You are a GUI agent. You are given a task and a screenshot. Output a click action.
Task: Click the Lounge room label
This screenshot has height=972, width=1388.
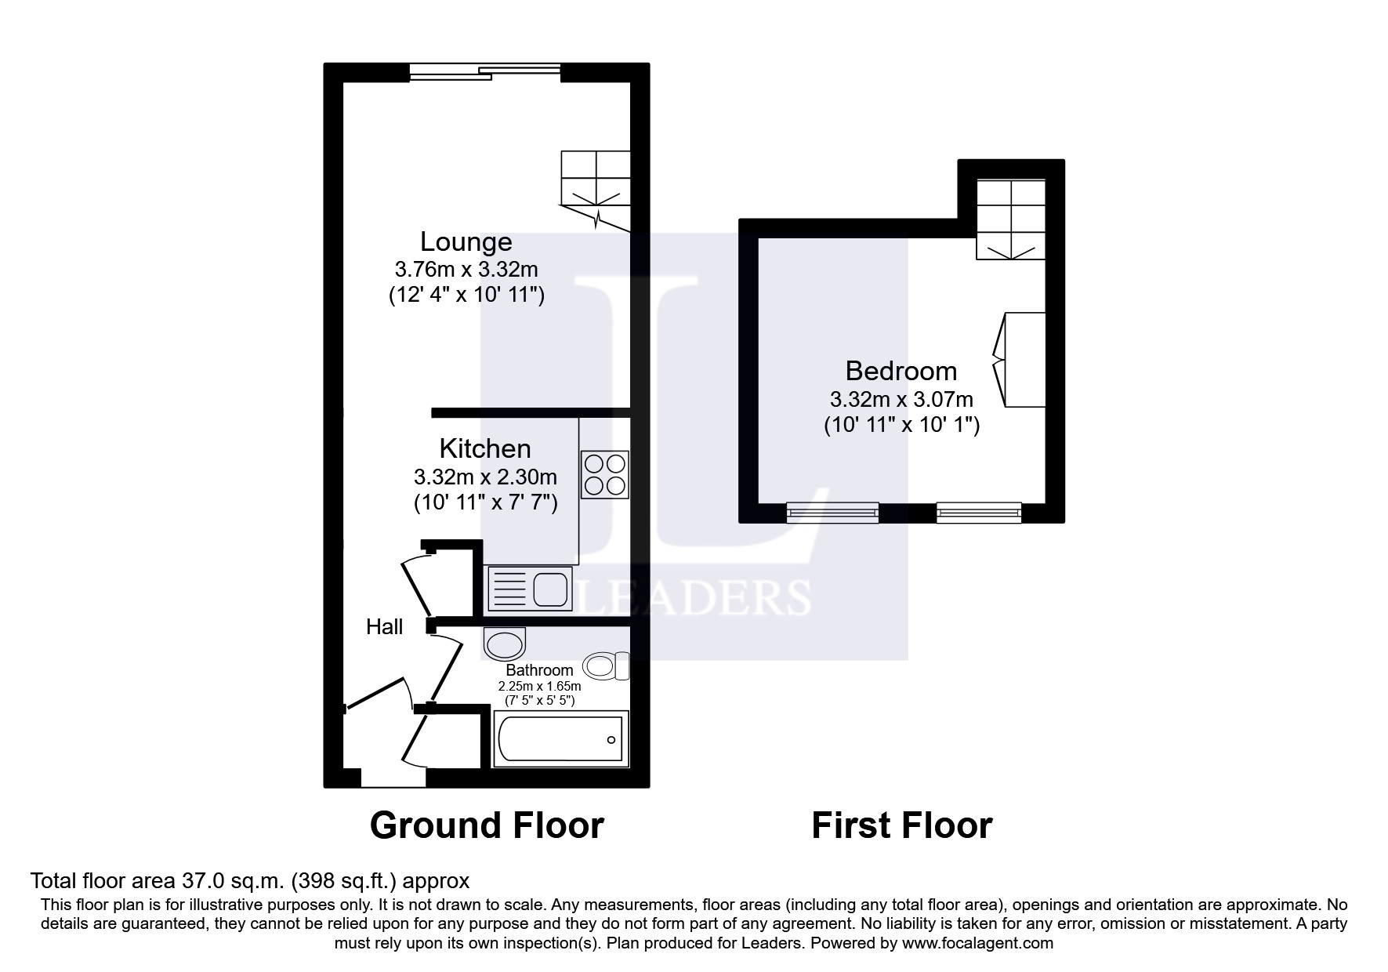coord(466,241)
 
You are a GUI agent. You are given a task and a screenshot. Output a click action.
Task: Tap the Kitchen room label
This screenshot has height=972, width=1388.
coord(485,448)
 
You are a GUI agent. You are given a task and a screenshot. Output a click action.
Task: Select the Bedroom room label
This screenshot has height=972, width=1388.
coord(901,371)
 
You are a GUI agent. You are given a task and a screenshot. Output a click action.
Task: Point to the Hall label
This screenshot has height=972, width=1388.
coord(385,626)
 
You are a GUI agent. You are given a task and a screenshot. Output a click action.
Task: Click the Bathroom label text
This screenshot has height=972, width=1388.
coord(539,670)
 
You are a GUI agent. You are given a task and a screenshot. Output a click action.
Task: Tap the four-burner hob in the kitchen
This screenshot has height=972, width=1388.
coord(604,474)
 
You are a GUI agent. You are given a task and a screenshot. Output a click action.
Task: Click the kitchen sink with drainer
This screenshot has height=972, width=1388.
coord(528,589)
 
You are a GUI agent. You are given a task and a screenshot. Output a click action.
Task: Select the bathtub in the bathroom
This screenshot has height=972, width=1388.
coord(560,739)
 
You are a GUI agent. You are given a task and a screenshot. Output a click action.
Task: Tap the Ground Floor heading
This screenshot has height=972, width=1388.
coord(487,825)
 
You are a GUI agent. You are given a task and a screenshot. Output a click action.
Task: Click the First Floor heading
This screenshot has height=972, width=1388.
coord(902,825)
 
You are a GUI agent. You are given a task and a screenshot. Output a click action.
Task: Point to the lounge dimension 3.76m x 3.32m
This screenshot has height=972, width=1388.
coord(466,270)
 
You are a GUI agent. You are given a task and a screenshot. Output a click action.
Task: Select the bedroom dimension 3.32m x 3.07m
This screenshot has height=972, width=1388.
coord(901,399)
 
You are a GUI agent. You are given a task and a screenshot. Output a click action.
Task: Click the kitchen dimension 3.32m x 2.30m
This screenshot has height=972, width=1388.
coord(485,477)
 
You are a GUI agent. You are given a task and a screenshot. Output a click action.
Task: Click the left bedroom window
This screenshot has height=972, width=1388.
coord(832,513)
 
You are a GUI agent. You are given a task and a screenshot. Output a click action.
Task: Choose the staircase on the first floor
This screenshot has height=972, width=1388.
coord(1011,219)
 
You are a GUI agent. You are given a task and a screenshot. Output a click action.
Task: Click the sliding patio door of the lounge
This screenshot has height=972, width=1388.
coord(485,72)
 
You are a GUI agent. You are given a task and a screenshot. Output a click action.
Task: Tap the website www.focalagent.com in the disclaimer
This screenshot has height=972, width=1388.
coord(977,943)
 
